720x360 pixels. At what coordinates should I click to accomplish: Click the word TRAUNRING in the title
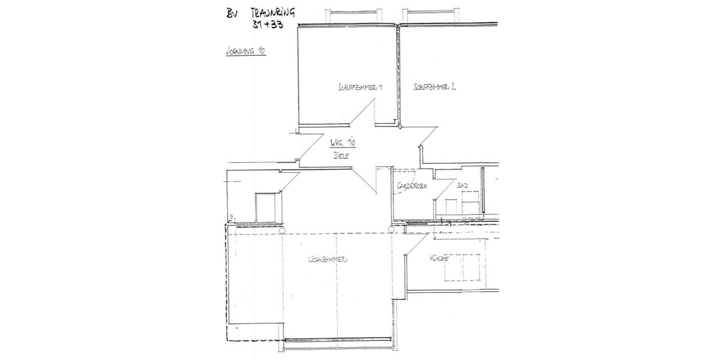(272, 14)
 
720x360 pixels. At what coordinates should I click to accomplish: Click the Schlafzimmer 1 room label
(360, 88)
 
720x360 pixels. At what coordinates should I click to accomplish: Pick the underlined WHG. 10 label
(343, 144)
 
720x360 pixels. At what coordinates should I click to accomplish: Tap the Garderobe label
(411, 187)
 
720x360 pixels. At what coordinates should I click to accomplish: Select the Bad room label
(462, 186)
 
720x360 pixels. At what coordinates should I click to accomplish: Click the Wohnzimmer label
(328, 260)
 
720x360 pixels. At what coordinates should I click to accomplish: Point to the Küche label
(439, 259)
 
